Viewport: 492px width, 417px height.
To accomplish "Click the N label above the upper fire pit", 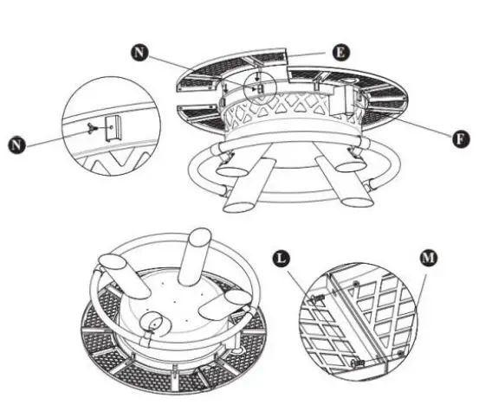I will point(139,53).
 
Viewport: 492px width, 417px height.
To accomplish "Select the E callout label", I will point(340,52).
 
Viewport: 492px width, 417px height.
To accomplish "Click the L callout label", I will point(280,257).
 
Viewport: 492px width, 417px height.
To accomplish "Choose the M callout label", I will point(427,257).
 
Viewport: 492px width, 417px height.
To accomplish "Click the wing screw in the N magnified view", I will point(93,127).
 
